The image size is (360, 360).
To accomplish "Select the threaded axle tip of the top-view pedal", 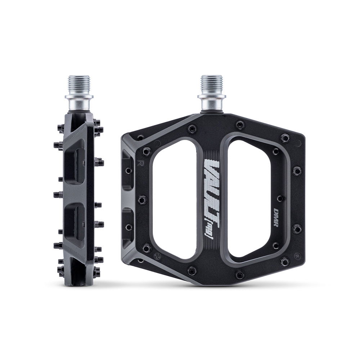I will pos(212,84).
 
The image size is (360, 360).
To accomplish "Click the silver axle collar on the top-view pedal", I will pos(212,103).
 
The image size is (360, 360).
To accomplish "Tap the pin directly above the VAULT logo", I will pos(193,127).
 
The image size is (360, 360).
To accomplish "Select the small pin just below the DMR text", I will pos(276,245).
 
